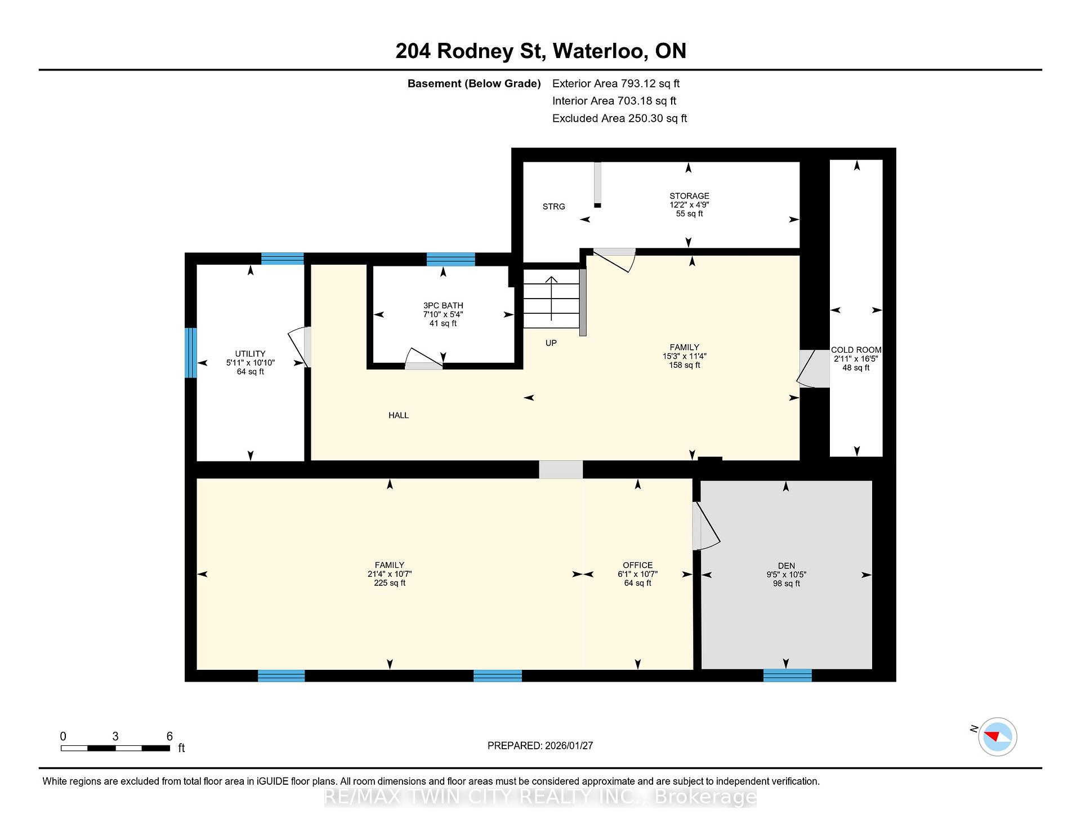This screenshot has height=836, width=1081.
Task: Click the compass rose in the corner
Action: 997,736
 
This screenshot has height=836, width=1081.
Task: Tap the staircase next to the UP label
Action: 551,299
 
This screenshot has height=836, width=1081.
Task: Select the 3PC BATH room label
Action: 443,305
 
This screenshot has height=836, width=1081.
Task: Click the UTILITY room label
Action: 250,354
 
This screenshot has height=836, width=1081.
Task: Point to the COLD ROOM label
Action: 856,350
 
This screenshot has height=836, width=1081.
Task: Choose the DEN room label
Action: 787,566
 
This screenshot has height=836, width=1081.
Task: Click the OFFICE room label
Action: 637,565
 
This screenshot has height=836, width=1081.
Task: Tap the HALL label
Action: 399,415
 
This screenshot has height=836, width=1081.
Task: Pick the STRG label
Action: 553,207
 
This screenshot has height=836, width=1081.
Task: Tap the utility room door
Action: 300,348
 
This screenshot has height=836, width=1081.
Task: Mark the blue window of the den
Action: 787,675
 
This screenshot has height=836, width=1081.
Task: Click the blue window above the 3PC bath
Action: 450,259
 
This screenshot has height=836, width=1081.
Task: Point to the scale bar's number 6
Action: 169,736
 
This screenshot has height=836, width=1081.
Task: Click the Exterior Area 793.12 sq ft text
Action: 616,83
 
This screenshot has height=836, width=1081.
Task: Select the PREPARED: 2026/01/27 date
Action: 540,745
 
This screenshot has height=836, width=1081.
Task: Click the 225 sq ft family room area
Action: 390,583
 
